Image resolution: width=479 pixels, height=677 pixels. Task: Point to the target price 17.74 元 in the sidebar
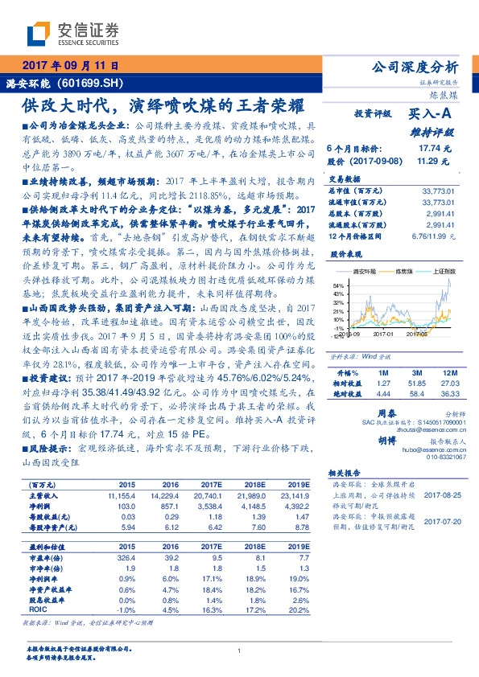click(437, 149)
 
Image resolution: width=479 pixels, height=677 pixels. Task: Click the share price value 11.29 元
click(437, 161)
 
